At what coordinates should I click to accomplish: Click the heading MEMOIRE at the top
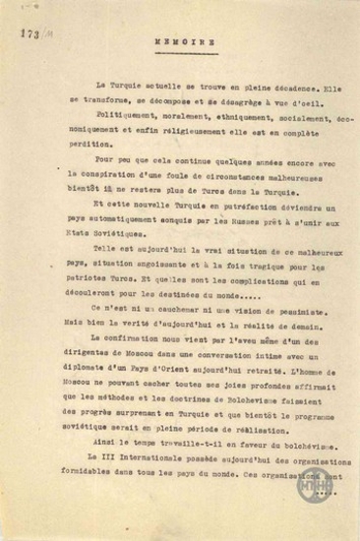tap(180, 43)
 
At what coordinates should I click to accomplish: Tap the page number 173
tap(27, 32)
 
